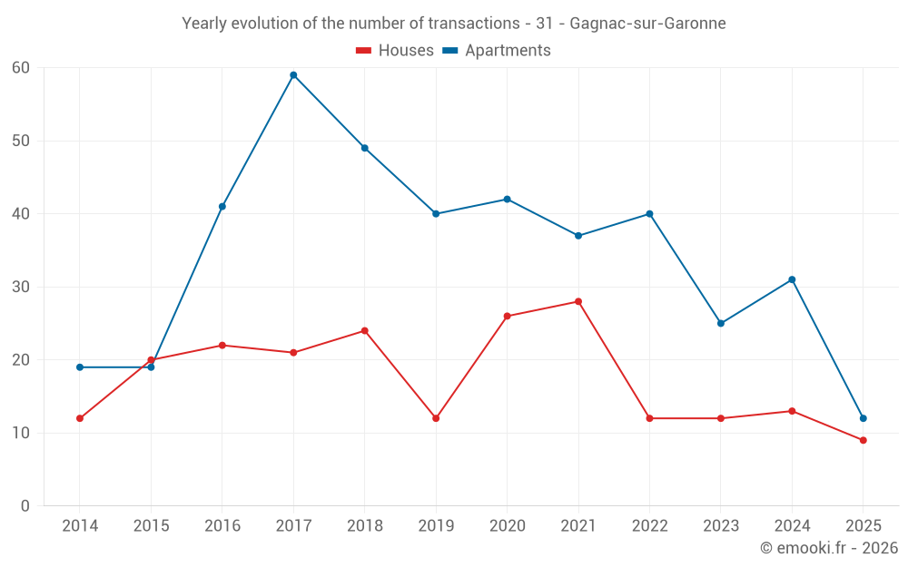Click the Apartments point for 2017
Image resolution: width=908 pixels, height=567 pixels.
click(x=293, y=75)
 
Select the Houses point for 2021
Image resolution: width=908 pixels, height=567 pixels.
click(x=578, y=301)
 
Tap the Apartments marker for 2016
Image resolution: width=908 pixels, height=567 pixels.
click(x=222, y=207)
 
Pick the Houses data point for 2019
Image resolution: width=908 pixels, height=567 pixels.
click(x=436, y=418)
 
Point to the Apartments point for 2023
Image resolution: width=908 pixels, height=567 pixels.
click(x=721, y=323)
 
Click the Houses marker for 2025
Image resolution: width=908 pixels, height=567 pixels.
click(x=864, y=440)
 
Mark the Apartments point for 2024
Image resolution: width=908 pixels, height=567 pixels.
click(x=792, y=279)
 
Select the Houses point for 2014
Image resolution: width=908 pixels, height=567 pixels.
click(x=80, y=418)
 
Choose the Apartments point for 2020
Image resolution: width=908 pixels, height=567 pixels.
click(x=507, y=200)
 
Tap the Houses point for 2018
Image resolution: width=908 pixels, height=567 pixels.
click(x=365, y=330)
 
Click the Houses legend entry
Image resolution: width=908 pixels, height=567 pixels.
click(x=395, y=51)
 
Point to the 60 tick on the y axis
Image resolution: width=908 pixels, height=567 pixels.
click(x=21, y=68)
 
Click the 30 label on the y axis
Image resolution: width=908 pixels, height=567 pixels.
click(x=21, y=287)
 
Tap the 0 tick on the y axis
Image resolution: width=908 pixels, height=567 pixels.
click(x=25, y=506)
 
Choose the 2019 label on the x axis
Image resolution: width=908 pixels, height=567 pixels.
click(x=436, y=526)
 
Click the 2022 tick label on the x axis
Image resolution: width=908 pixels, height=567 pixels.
click(x=649, y=526)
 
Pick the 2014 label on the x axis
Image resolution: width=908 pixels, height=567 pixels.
click(x=80, y=526)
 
